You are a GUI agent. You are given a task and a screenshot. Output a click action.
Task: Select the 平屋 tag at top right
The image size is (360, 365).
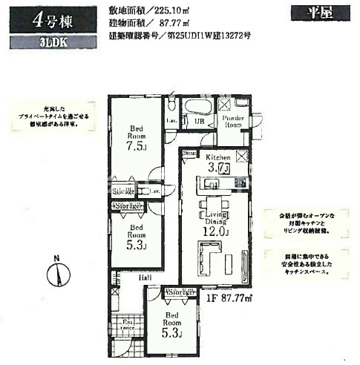click(304, 12)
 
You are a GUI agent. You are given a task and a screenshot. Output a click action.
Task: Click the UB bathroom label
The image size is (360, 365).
click(199, 121)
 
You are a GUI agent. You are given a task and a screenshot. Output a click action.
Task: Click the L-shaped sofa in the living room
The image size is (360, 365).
click(210, 263)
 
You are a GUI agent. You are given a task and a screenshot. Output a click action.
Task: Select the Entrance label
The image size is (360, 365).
click(128, 323)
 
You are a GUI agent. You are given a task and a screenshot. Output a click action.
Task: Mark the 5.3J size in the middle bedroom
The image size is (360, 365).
click(137, 246)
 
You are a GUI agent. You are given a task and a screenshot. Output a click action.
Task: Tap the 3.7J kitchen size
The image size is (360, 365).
click(217, 170)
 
